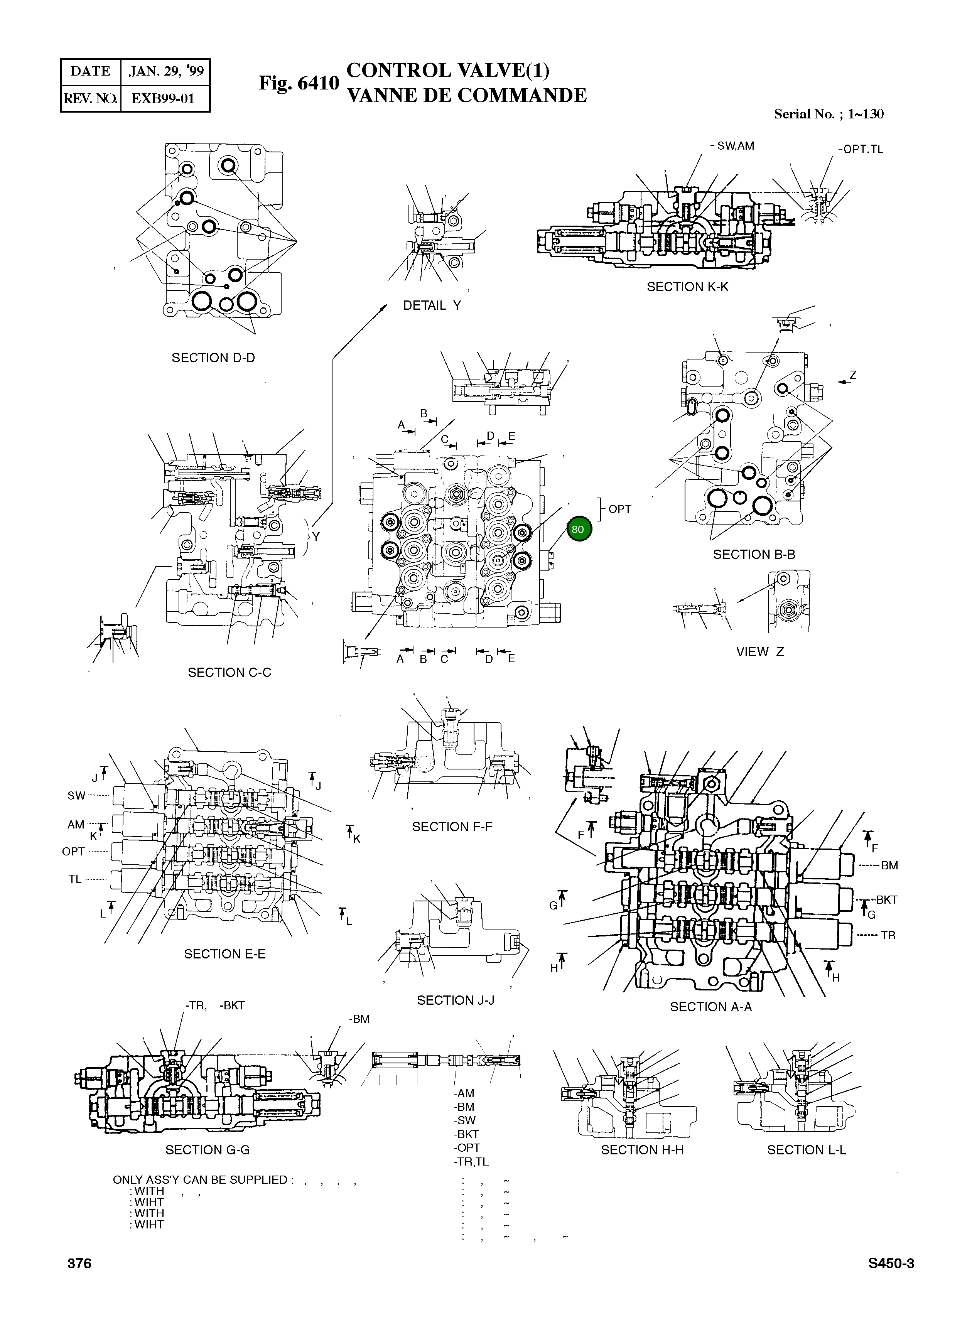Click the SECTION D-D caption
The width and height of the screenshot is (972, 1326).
pyautogui.click(x=213, y=358)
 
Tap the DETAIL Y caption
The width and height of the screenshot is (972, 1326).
pyautogui.click(x=432, y=305)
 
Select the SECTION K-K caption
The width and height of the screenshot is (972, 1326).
pyautogui.click(x=687, y=287)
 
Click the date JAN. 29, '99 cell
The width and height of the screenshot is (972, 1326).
pyautogui.click(x=166, y=72)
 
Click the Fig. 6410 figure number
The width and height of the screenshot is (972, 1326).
pyautogui.click(x=299, y=83)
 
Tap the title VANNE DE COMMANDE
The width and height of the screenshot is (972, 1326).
pyautogui.click(x=467, y=95)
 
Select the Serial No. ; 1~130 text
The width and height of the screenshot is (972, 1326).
pyautogui.click(x=829, y=114)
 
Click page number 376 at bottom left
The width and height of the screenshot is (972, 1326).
pyautogui.click(x=79, y=1263)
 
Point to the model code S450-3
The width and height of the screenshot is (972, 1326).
pyautogui.click(x=891, y=1263)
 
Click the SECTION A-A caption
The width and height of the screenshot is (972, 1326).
pyautogui.click(x=711, y=1007)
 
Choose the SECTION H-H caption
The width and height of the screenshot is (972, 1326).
pyautogui.click(x=642, y=1149)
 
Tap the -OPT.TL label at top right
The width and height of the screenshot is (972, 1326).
pyautogui.click(x=860, y=149)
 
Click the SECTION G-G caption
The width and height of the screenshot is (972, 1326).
pyautogui.click(x=207, y=1149)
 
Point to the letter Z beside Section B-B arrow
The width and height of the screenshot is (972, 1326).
pyautogui.click(x=852, y=375)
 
